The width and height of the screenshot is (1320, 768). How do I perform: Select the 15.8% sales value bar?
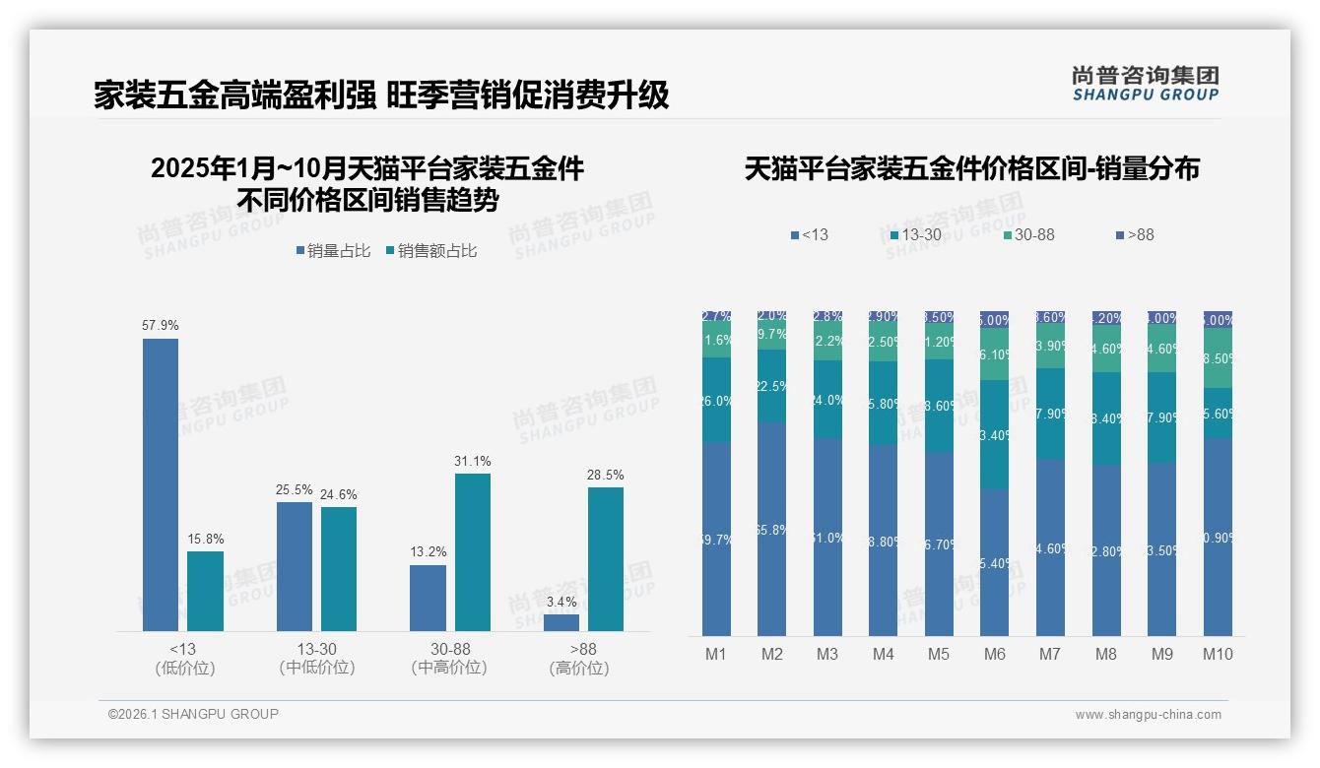tap(205, 591)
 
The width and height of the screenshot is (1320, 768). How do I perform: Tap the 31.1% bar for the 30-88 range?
tap(472, 552)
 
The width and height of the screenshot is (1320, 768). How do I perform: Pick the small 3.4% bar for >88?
tap(561, 622)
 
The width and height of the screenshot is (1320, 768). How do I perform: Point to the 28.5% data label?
tap(605, 475)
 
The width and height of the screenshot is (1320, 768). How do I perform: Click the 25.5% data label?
tap(294, 489)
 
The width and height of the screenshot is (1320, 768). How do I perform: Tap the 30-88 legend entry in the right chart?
tap(1028, 235)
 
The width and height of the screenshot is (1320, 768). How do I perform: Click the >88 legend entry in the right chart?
tap(1134, 235)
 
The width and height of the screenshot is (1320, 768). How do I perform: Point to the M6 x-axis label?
tap(994, 654)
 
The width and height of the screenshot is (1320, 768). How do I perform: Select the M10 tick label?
tap(1218, 654)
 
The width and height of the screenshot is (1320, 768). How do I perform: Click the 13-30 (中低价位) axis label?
tap(316, 658)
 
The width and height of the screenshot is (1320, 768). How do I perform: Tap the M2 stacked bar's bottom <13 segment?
tap(772, 530)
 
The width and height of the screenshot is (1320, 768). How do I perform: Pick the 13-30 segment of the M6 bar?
tap(995, 435)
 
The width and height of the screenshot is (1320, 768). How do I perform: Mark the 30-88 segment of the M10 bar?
tap(1218, 358)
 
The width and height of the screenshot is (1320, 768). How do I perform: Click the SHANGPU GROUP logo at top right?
tap(1145, 84)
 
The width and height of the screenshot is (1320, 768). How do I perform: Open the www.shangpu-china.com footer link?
tap(1148, 715)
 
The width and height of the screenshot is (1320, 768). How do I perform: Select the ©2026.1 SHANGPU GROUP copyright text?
tap(193, 714)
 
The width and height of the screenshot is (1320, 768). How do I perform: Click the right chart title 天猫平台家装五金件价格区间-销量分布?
tap(971, 169)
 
